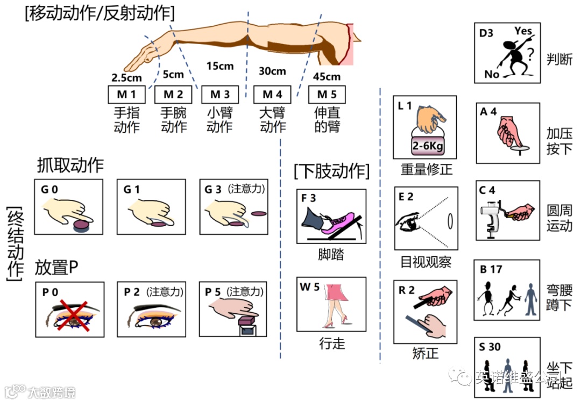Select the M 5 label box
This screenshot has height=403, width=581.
pos(327,95)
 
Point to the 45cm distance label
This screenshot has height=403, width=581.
pos(327,77)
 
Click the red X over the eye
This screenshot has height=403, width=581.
pos(68,314)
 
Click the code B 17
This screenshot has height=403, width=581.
pos(491,269)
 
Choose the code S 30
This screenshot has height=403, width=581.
pos(490,347)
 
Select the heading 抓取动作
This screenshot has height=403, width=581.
pos(70,165)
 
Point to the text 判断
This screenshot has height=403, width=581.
pos(559,58)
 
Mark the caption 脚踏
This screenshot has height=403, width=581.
pos(331,255)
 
